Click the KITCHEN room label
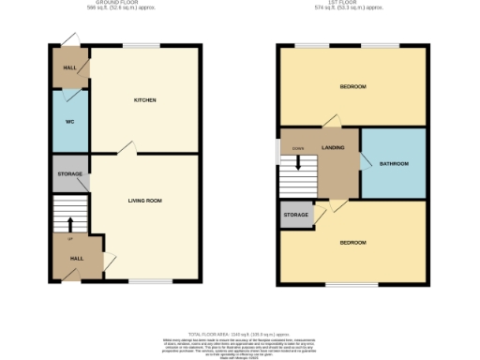[144, 100]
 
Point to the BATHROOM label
[394, 164]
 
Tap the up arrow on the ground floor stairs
[69, 223]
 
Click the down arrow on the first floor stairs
[298, 162]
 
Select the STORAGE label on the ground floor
[70, 174]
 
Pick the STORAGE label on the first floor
[295, 216]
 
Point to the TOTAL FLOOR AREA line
[240, 333]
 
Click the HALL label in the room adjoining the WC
[68, 67]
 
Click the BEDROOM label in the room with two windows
[352, 87]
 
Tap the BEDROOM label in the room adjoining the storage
[352, 243]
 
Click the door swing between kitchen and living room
[128, 148]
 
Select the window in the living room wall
[150, 280]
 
